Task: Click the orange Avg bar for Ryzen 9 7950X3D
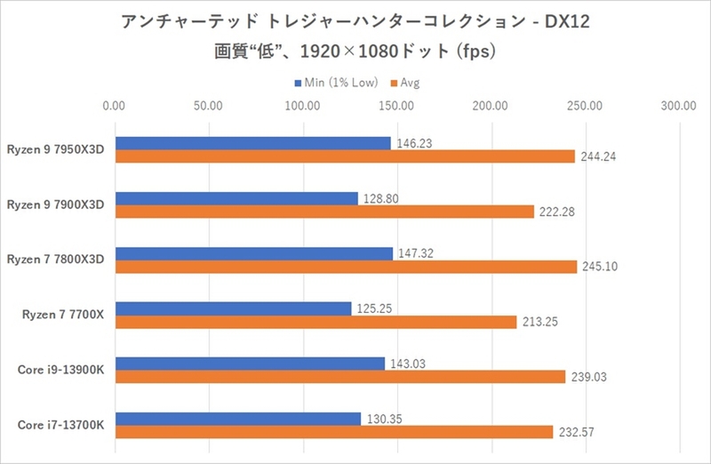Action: (345, 156)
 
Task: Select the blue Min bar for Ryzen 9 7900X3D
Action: (236, 198)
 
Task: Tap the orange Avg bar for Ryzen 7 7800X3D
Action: (346, 267)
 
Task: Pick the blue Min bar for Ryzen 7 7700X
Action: (233, 308)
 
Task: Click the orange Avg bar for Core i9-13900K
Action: (340, 377)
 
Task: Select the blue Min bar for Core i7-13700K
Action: (238, 419)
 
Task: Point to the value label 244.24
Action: (597, 156)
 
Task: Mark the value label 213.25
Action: (539, 323)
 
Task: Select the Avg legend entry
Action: (410, 83)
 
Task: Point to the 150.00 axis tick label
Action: (395, 106)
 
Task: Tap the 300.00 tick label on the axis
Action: (678, 106)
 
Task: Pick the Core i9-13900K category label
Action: (60, 370)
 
